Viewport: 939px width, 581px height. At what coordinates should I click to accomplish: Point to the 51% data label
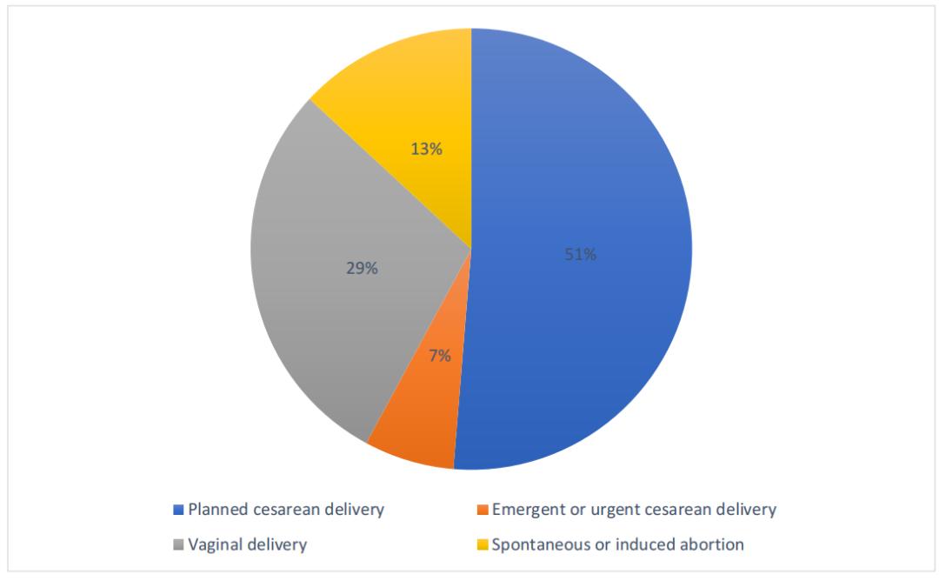point(580,255)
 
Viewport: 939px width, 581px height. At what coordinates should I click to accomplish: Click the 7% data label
point(439,355)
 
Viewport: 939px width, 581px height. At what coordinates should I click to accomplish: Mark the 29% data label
point(361,269)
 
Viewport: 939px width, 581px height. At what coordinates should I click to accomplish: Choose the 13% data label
point(426,149)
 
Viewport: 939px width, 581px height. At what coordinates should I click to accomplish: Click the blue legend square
point(179,510)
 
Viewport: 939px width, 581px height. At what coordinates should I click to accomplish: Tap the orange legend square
point(483,510)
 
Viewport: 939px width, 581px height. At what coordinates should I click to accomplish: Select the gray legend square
point(179,545)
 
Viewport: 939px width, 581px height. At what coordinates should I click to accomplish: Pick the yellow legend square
point(483,545)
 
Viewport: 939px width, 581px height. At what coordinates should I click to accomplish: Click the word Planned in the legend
point(216,510)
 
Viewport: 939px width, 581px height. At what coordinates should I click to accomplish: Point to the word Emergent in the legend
point(526,510)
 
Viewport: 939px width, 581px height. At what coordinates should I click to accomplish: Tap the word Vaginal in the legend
point(213,545)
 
